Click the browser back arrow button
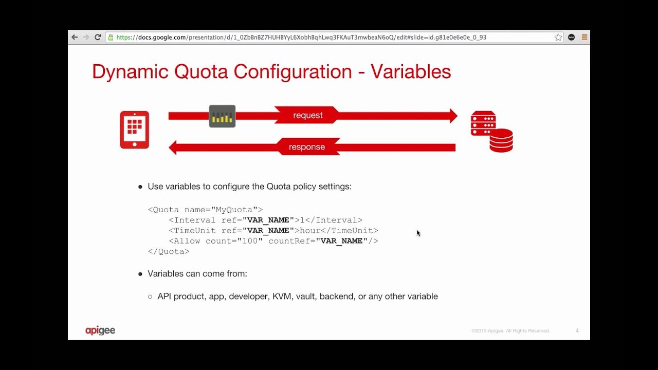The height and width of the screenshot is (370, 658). coord(75,37)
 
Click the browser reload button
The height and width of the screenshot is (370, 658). coord(97,37)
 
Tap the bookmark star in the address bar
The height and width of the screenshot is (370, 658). coord(558,37)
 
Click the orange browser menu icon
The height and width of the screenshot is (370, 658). coord(584,37)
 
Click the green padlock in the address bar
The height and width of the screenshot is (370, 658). coord(110,37)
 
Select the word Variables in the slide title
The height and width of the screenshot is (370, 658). coord(411,71)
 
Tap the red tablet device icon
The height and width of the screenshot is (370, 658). coord(135,129)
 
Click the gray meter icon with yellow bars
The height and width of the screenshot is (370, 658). coord(222,116)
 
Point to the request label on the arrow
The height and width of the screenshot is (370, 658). coord(308,116)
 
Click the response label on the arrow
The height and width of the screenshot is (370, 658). coord(307,147)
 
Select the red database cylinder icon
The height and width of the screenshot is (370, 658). coord(501,140)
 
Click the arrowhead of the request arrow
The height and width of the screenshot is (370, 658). coord(453,116)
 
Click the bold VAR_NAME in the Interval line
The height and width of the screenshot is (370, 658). coord(268,220)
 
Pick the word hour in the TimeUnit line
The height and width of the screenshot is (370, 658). coord(310,231)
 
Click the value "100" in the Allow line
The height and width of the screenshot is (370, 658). coord(250,241)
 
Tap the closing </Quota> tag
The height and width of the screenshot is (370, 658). coord(169,251)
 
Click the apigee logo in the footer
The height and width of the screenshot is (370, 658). coord(100,330)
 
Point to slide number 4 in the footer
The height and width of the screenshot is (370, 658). coord(577,331)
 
